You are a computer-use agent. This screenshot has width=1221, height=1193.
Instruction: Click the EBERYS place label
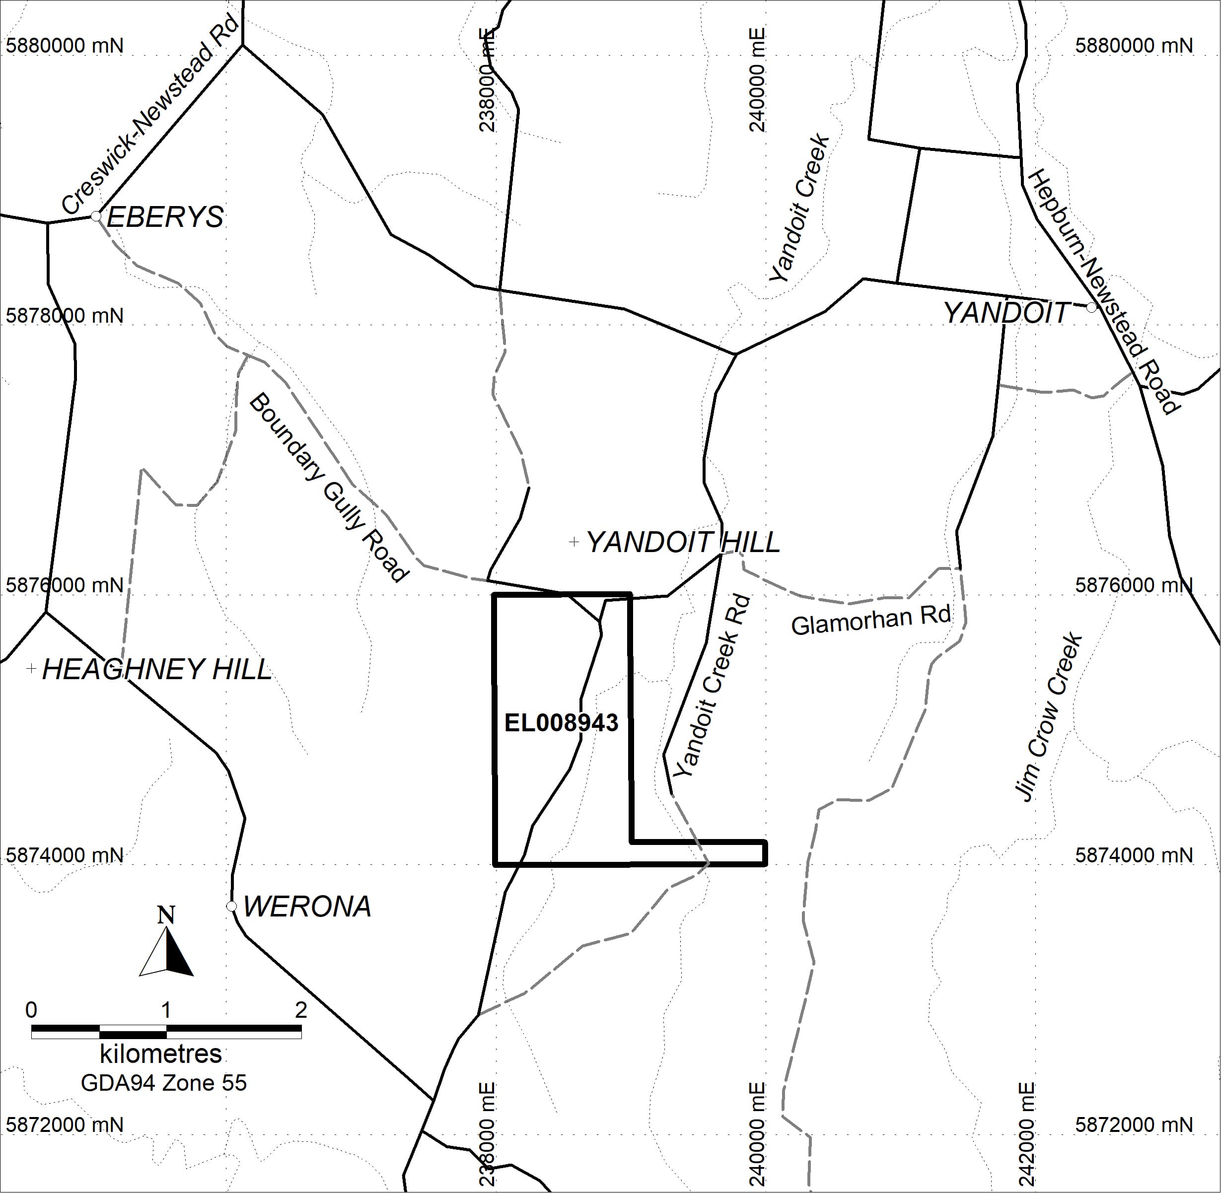click(165, 217)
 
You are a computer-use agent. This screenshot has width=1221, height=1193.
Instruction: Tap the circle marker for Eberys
click(96, 216)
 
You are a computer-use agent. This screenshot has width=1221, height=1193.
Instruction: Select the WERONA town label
click(307, 907)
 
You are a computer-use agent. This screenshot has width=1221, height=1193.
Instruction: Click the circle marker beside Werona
click(231, 906)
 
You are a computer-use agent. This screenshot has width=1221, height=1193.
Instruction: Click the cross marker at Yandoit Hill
click(574, 541)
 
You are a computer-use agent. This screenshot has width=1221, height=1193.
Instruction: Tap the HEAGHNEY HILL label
click(157, 669)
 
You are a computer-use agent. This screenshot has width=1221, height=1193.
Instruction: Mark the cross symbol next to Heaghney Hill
click(31, 669)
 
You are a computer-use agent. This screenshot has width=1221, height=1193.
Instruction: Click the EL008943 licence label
click(561, 723)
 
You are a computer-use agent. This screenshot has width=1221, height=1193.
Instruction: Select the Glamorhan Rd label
click(870, 620)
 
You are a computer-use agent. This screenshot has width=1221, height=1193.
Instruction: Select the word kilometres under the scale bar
click(161, 1054)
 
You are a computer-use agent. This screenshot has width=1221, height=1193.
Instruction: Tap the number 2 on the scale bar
click(301, 1009)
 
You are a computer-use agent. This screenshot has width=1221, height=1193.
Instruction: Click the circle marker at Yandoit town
click(1091, 308)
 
